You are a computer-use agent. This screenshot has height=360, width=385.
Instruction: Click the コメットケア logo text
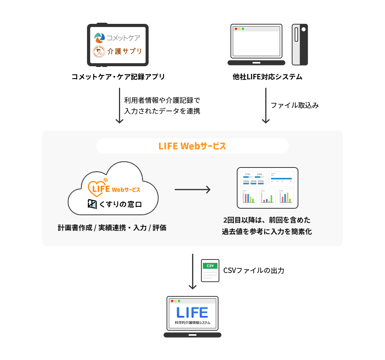(123, 38)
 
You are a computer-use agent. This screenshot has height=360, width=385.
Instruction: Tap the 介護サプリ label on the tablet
(124, 51)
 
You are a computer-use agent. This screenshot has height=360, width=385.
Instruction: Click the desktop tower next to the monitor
(300, 44)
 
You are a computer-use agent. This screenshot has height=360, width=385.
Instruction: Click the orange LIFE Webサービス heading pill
(192, 146)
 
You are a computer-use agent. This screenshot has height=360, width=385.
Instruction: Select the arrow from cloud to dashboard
(192, 189)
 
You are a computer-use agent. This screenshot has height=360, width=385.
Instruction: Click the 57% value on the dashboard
(248, 174)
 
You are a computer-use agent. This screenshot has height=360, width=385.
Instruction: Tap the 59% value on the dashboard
(259, 174)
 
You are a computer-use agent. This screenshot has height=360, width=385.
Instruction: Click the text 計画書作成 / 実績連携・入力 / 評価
(112, 228)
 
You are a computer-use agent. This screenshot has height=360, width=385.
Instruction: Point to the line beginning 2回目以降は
(266, 220)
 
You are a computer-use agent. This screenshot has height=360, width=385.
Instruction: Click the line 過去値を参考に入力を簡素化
(266, 232)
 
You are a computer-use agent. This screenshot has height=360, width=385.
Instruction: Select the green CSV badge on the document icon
(210, 266)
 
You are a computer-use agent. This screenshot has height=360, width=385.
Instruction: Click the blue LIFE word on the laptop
(192, 312)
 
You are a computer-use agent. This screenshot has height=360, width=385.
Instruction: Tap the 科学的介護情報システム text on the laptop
(192, 323)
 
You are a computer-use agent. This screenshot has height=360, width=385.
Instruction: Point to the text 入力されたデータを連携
(162, 111)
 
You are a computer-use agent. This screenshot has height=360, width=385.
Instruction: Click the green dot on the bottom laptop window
(179, 301)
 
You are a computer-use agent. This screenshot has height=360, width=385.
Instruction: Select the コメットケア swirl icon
(100, 38)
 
